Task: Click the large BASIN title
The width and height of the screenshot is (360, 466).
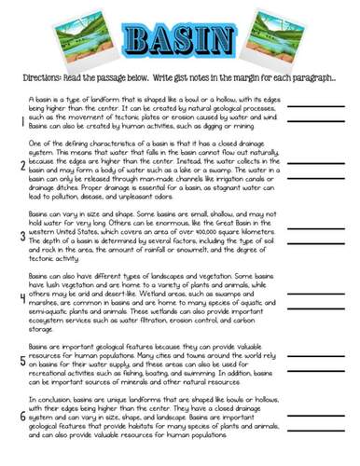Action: pyautogui.click(x=179, y=39)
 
